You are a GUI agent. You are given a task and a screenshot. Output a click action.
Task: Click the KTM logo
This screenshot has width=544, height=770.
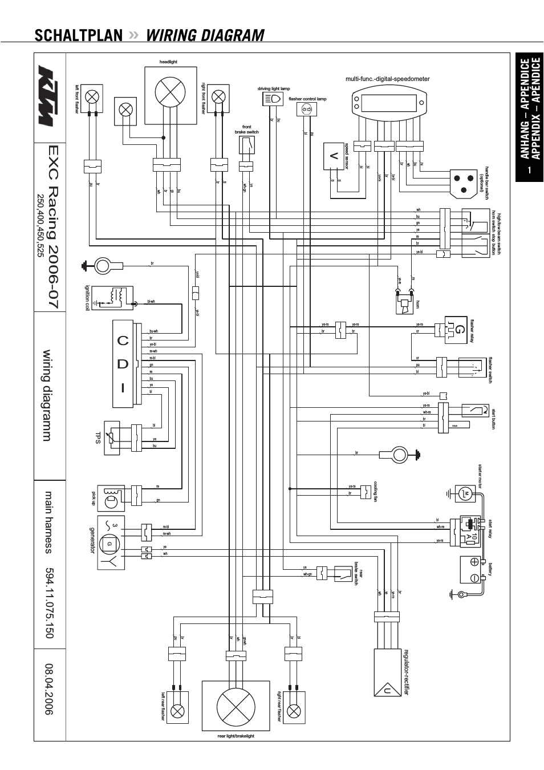pos(50,96)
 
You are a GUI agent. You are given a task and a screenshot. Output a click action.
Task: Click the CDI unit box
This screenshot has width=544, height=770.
pos(123,364)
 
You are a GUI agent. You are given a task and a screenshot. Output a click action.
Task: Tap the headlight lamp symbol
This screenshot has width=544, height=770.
pos(170,91)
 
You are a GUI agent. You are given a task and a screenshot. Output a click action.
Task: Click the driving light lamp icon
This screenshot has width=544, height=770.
pos(274,99)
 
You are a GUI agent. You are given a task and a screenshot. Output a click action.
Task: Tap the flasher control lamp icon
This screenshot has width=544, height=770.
pos(307,109)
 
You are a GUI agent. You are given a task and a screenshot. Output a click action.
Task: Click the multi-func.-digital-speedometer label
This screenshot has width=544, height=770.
pos(387,79)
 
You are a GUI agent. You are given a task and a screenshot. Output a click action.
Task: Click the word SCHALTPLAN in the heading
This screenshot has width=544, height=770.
pos(78,35)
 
